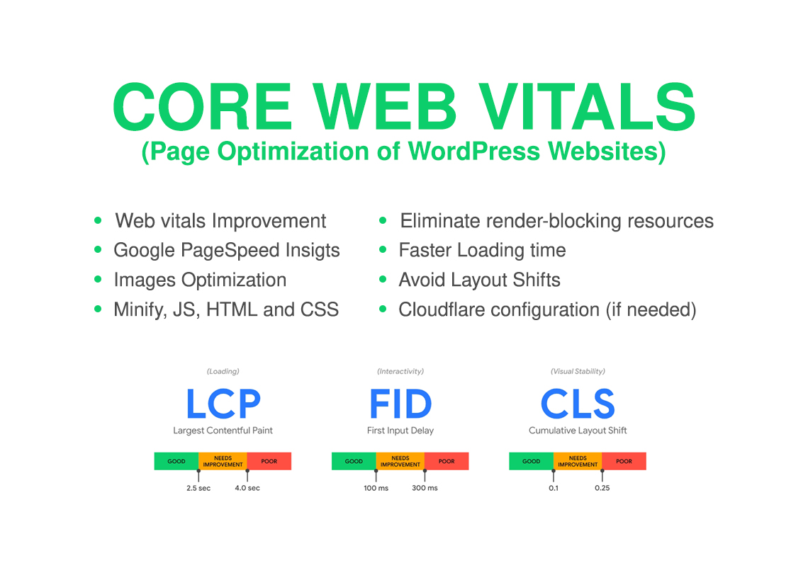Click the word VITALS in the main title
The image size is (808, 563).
[588, 107]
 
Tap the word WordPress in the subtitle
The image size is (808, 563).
[474, 151]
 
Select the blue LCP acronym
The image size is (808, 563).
[223, 404]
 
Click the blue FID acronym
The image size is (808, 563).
[400, 404]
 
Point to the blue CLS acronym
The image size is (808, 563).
[578, 404]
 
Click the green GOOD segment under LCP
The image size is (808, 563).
[176, 461]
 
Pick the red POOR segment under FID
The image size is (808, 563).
[447, 461]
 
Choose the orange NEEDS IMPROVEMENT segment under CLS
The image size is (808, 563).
[578, 461]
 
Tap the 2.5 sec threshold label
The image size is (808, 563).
[198, 488]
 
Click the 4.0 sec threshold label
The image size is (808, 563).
[247, 488]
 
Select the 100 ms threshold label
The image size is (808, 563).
[376, 488]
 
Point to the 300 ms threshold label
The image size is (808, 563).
[425, 488]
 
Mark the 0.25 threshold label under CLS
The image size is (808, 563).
[602, 488]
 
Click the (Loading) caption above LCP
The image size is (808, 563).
[223, 371]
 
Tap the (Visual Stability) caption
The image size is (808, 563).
[578, 371]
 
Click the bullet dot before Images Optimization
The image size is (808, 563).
[98, 280]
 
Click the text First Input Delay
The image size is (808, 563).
[400, 430]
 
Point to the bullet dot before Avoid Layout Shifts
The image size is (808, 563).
[383, 280]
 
